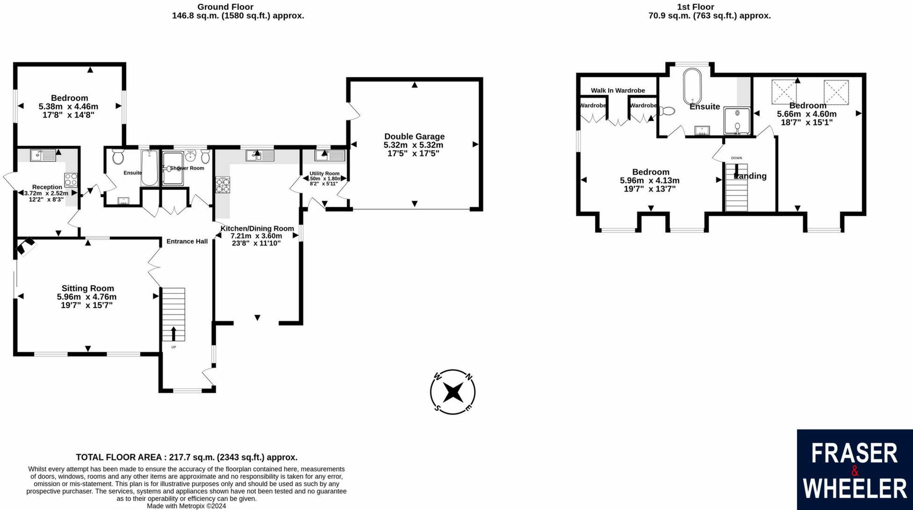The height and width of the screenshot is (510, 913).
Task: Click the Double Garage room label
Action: pyautogui.click(x=414, y=136)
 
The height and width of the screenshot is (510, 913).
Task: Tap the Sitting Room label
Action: pyautogui.click(x=87, y=288)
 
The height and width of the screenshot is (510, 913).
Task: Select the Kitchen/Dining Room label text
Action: pyautogui.click(x=257, y=229)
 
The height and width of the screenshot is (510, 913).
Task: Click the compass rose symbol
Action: pyautogui.click(x=453, y=392)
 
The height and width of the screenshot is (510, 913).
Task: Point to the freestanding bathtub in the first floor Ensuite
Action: pyautogui.click(x=692, y=87)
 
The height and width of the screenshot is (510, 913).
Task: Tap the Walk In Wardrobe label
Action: pyautogui.click(x=618, y=90)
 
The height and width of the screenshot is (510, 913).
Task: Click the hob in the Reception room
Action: pyautogui.click(x=71, y=180)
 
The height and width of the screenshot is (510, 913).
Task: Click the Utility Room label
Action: pyautogui.click(x=324, y=173)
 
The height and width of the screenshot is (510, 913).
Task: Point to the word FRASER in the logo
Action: pyautogui.click(x=854, y=453)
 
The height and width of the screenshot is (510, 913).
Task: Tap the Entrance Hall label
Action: pyautogui.click(x=187, y=241)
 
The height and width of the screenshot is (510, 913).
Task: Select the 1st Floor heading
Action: pyautogui.click(x=696, y=7)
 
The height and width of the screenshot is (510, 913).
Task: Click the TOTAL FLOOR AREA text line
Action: pyautogui.click(x=187, y=457)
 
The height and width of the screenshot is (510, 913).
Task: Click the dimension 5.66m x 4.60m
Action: pyautogui.click(x=806, y=114)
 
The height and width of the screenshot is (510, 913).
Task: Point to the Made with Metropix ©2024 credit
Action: pyautogui.click(x=187, y=506)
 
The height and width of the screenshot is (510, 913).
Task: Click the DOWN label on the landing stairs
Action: pyautogui.click(x=736, y=158)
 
